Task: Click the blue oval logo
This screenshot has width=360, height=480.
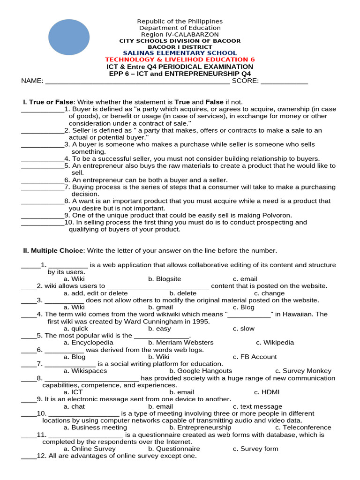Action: pos(69,37)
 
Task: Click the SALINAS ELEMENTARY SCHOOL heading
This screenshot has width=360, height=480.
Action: pos(180,53)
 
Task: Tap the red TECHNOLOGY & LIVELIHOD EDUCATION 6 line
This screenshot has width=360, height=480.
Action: pos(180,60)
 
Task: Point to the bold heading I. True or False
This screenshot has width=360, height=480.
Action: pos(48,102)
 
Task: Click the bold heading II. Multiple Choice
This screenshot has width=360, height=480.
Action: pos(53,251)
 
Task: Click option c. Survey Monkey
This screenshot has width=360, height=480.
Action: pos(303,371)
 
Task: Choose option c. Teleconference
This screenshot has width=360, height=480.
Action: pos(303,427)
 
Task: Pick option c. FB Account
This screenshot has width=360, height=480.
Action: pos(255,357)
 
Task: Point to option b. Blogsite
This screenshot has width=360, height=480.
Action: pos(165,279)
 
